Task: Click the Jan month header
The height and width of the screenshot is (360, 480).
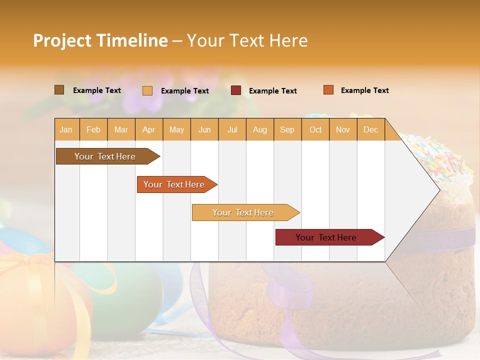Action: (x=66, y=130)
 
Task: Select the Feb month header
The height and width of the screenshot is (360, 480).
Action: (x=93, y=130)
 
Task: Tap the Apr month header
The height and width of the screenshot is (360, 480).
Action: (x=149, y=130)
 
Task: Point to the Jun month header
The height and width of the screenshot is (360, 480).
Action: (x=204, y=130)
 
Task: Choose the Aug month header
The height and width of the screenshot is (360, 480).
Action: (x=260, y=130)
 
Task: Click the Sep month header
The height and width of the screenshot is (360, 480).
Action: (x=287, y=130)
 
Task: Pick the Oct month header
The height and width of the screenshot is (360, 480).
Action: (x=315, y=130)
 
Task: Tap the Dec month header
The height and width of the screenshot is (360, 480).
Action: (x=371, y=130)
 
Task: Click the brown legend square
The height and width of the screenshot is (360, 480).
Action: (x=59, y=90)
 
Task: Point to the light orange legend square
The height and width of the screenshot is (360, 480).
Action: (x=147, y=90)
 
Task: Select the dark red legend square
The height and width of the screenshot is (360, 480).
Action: (x=236, y=90)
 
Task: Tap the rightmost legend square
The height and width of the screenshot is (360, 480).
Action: (x=328, y=90)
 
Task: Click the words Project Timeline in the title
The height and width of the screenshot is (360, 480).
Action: (x=100, y=40)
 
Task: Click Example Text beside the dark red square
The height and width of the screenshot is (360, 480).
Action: (x=273, y=91)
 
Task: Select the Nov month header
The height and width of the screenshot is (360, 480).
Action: (x=343, y=130)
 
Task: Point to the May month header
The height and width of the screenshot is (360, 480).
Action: (x=176, y=130)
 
